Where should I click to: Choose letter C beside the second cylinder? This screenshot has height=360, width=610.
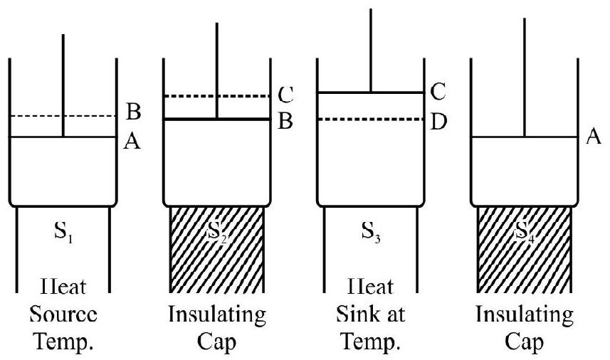click(285, 93)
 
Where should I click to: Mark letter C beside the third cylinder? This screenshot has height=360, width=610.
click(438, 92)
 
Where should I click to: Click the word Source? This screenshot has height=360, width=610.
click(63, 315)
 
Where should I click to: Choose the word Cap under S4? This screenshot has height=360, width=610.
click(525, 340)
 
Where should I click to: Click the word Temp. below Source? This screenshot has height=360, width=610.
click(63, 340)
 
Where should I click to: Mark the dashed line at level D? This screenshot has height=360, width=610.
click(370, 120)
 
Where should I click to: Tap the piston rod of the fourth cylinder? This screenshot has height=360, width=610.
click(525, 78)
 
